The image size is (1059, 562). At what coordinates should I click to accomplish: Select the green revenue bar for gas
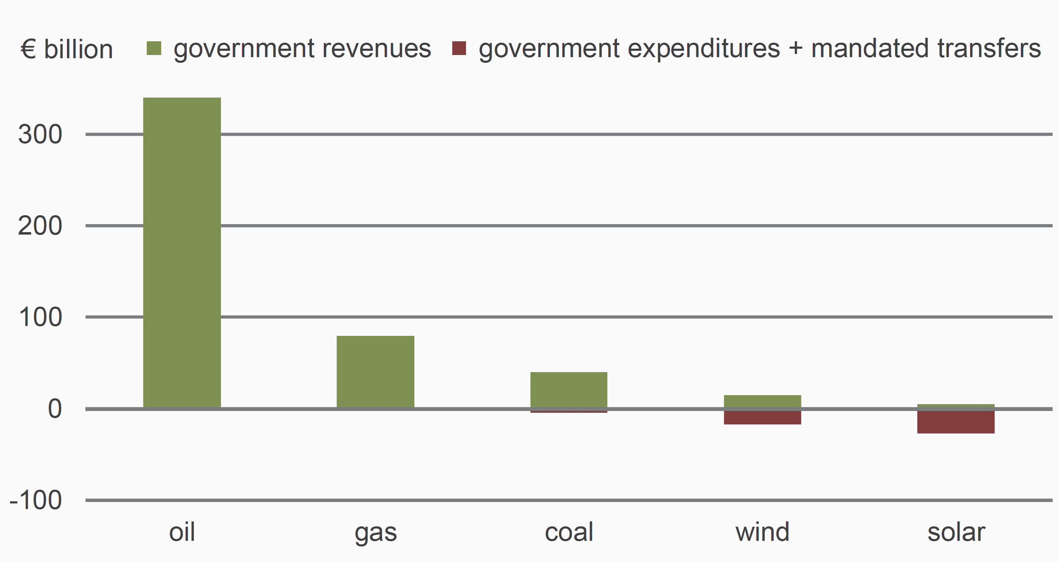[x=375, y=371]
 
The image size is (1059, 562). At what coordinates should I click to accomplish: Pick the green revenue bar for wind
[x=762, y=401]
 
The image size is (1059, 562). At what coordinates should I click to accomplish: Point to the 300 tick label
[x=40, y=134]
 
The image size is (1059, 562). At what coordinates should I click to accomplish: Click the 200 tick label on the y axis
[x=40, y=226]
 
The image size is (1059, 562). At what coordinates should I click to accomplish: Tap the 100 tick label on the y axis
[x=40, y=318]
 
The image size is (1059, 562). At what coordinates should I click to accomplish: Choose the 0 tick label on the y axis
[x=55, y=409]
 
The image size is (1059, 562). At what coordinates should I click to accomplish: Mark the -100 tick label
[x=36, y=500]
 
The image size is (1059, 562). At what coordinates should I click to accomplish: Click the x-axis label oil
[x=182, y=532]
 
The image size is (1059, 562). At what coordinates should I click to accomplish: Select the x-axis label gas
[x=375, y=533]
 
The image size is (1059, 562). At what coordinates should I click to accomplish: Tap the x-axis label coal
[x=569, y=532]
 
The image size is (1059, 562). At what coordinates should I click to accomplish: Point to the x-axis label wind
[x=762, y=532]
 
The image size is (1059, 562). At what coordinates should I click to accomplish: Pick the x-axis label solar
[x=956, y=532]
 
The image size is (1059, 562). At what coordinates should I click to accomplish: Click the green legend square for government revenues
[x=154, y=48]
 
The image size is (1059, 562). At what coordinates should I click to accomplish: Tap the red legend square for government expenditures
[x=459, y=48]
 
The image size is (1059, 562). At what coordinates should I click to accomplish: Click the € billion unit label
[x=67, y=49]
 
